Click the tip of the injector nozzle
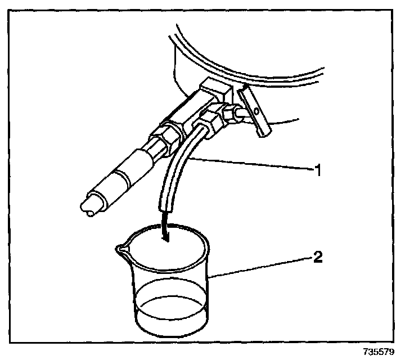pyautogui.click(x=88, y=213)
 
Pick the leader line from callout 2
pyautogui.click(x=259, y=267)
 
